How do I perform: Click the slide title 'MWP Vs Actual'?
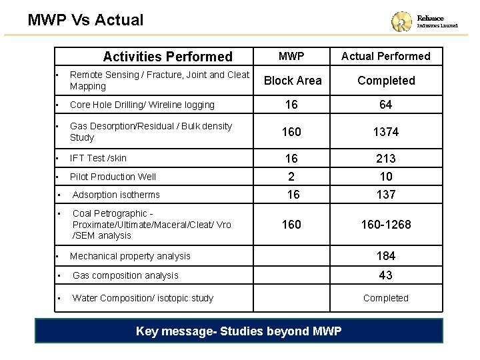85,19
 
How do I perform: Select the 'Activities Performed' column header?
167,57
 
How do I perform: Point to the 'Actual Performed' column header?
386,56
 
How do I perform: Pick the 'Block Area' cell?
293,81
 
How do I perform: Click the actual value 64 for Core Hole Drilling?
386,105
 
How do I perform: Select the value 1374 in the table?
386,132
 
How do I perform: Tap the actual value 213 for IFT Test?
386,159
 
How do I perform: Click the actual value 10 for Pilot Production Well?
386,177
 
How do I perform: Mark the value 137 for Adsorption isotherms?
386,195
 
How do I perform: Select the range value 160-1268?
386,225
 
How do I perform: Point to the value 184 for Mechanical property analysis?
386,256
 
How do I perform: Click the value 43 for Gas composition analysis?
386,275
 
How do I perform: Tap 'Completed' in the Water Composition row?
386,298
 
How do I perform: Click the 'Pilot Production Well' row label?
113,177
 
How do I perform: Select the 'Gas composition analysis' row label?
125,275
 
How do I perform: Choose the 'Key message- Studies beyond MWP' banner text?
239,331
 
